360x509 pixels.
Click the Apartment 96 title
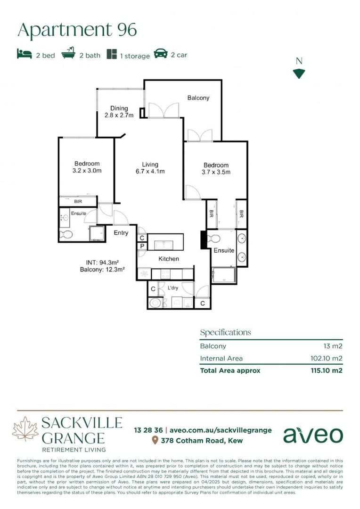click(x=77, y=30)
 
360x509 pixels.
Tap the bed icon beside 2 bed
click(x=25, y=54)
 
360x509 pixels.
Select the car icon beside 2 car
click(x=161, y=54)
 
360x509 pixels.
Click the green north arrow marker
click(x=299, y=74)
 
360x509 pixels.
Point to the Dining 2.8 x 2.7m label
click(x=119, y=112)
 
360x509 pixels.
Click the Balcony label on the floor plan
click(x=198, y=98)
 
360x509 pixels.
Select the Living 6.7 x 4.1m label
click(x=150, y=168)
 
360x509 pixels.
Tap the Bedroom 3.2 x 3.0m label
click(x=87, y=167)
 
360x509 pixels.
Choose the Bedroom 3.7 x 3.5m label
click(x=216, y=168)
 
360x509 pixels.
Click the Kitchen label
click(x=168, y=259)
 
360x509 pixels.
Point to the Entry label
click(x=121, y=233)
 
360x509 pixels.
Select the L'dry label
click(x=172, y=287)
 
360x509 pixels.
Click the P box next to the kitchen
click(x=142, y=246)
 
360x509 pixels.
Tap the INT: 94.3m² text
click(x=102, y=262)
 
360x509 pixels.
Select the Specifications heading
click(x=225, y=332)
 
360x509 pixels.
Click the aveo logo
click(x=313, y=435)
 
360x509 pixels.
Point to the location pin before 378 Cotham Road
click(x=155, y=441)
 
